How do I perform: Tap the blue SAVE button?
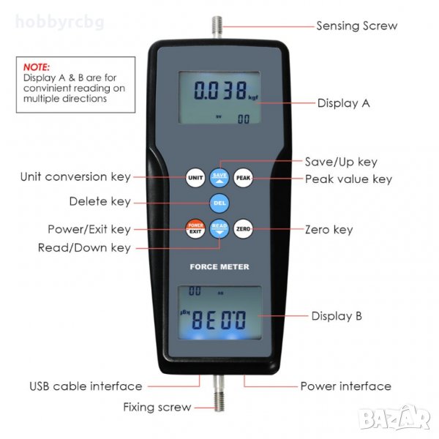tap(219, 178)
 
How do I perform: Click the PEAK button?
tap(244, 178)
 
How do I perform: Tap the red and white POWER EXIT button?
tap(195, 229)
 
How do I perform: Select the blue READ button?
tap(219, 229)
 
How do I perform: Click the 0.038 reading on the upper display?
tap(221, 91)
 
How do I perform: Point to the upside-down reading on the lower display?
tap(219, 320)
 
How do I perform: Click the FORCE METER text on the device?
tap(219, 267)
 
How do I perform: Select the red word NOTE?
tap(37, 67)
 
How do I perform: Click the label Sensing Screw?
tap(357, 26)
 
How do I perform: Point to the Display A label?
tap(344, 103)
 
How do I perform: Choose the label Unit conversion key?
tap(75, 177)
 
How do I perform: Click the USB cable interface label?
tap(86, 386)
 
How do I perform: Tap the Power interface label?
tap(346, 386)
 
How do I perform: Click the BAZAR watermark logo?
tap(394, 418)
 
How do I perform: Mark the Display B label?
tap(337, 316)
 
